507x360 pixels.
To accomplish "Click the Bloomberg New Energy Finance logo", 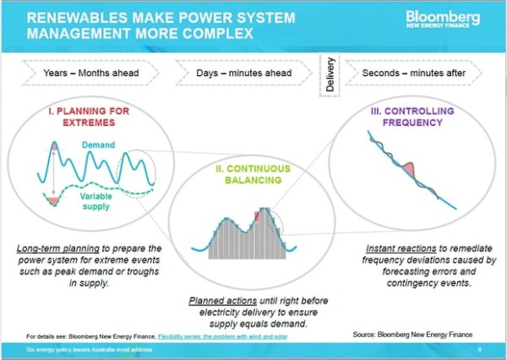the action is pos(443,19).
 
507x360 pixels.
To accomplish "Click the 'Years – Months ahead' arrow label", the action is pos(91,73).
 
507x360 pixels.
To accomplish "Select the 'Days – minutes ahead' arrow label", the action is pos(244,73).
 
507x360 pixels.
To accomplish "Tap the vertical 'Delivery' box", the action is pos(330,74).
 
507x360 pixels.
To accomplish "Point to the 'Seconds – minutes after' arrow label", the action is pos(413,73).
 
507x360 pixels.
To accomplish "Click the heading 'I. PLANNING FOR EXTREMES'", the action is pos(89,117).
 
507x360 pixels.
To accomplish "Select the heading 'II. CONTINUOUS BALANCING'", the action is pos(253,174).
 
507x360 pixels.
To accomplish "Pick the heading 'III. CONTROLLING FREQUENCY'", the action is pos(412,117).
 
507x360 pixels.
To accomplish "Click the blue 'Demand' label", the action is pos(98,145).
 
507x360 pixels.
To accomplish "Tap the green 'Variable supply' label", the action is pos(96,201).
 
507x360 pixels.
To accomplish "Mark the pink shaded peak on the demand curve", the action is pos(55,146).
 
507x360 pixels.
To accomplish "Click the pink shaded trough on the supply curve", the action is pos(53,200).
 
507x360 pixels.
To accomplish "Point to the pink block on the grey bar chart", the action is pos(258,216).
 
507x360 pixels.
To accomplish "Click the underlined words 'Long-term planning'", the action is pos(57,248).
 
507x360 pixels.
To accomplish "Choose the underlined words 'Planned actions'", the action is pos(223,301).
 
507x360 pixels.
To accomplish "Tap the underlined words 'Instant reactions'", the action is pos(401,248).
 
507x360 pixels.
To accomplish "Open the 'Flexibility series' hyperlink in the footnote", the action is pos(222,336).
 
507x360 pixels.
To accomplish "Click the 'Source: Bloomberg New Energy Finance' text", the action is pos(412,335).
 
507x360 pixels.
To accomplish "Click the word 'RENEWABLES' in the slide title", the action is pos(77,18).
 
